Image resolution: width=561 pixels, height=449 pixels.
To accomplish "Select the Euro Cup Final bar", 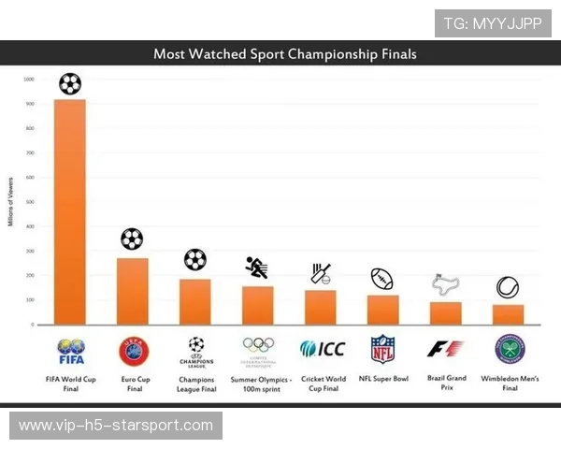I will [x=132, y=291].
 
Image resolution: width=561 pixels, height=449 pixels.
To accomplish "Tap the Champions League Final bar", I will [x=194, y=301].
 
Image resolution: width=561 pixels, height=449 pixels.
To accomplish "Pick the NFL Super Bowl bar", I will [x=382, y=310].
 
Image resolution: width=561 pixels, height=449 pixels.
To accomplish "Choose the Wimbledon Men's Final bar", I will [x=509, y=314].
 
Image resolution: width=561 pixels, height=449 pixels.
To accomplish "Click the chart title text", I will [x=285, y=54].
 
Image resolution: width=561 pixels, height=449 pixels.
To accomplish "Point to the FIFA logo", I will [x=71, y=352].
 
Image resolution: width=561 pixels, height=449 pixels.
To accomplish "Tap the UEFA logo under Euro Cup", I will [x=133, y=350].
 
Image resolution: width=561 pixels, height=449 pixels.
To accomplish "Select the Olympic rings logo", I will [x=257, y=346].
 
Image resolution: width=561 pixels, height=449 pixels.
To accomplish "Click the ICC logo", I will [x=322, y=349].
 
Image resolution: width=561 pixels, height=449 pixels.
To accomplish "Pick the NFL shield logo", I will [x=382, y=349].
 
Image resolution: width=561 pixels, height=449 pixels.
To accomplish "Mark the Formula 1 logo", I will [x=445, y=349].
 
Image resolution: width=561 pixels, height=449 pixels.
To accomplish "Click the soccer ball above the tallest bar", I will [x=70, y=84].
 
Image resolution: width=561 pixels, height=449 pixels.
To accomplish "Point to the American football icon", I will [x=382, y=279].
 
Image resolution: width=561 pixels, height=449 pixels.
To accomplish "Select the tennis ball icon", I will [x=508, y=287].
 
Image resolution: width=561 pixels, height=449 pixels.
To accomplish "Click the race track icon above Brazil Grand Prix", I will [x=445, y=284].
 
